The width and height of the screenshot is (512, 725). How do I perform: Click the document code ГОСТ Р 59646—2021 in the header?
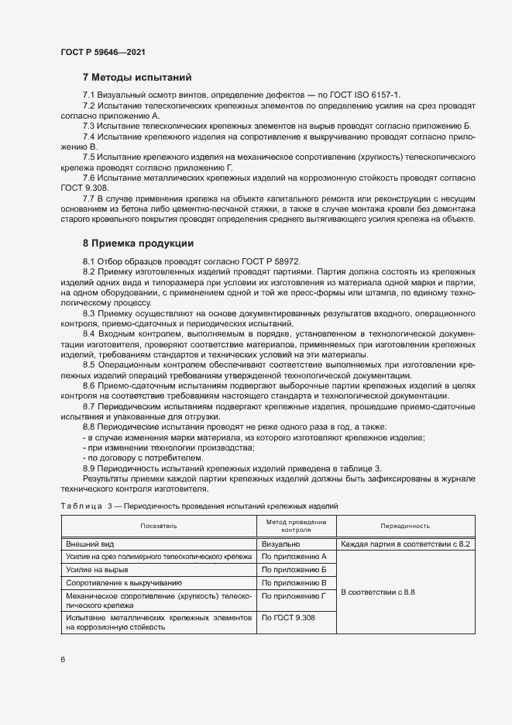tap(102, 52)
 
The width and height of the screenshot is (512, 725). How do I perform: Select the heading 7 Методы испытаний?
tap(136, 78)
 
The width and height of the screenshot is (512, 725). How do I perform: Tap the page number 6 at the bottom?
tap(63, 659)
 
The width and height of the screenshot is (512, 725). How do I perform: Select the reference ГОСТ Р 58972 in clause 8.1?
tap(266, 261)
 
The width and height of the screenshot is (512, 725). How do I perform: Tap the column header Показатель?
tap(159, 526)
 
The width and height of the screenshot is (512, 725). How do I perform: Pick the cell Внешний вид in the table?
tap(88, 544)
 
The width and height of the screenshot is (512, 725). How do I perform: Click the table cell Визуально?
tap(280, 544)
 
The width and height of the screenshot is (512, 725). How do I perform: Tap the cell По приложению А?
tap(294, 557)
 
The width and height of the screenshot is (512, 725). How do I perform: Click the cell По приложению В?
tap(294, 582)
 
